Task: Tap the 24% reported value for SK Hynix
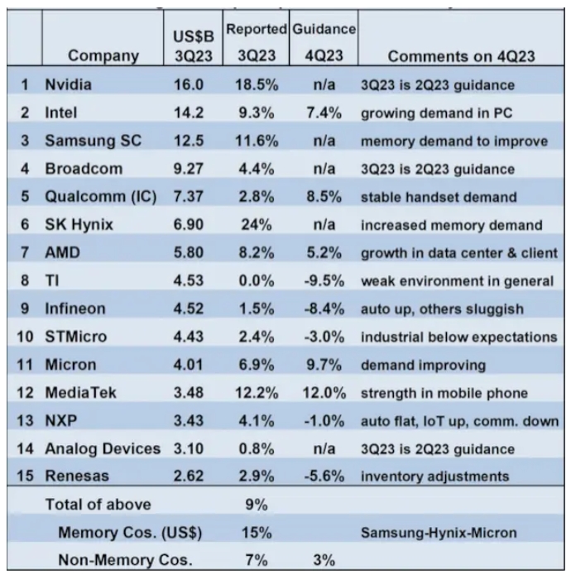point(254,225)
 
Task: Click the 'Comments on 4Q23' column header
point(457,56)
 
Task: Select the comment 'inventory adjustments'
point(433,477)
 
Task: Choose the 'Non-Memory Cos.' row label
point(125,561)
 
